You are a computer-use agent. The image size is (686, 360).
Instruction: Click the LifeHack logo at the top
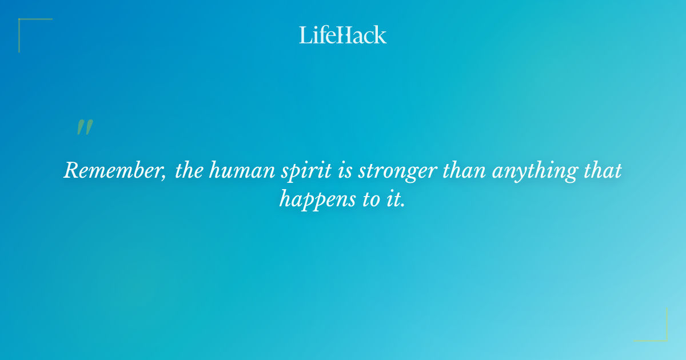pyautogui.click(x=343, y=35)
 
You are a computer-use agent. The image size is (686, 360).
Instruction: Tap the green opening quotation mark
pyautogui.click(x=84, y=127)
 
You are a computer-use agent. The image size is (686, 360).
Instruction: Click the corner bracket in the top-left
pyautogui.click(x=23, y=23)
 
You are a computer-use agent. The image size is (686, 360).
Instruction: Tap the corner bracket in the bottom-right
pyautogui.click(x=663, y=337)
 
